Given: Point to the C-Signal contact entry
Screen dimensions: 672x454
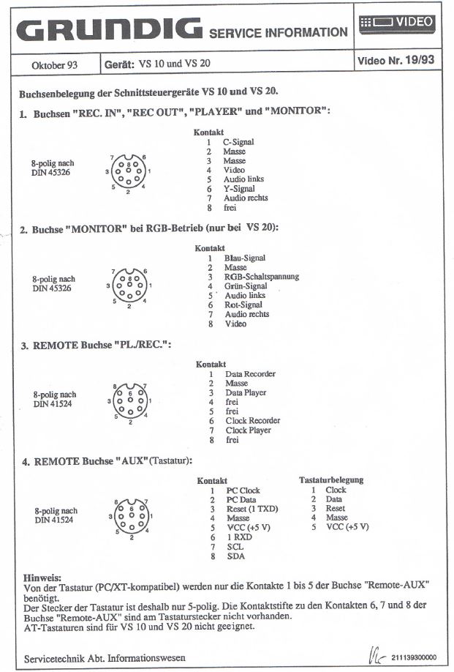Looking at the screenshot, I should click(x=238, y=142).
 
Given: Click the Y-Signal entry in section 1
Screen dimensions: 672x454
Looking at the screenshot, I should click(x=238, y=189).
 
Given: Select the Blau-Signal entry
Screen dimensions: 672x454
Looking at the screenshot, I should click(x=244, y=258).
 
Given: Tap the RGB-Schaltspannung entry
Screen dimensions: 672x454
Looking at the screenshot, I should click(x=261, y=277).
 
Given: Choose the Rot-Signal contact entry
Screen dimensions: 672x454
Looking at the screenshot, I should click(x=243, y=305).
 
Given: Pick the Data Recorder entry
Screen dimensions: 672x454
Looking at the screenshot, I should click(x=250, y=374).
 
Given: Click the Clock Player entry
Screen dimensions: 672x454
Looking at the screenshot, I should click(x=248, y=430).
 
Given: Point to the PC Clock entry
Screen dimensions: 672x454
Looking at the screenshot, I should click(x=243, y=490).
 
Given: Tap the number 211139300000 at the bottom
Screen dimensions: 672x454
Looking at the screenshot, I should click(x=417, y=657).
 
